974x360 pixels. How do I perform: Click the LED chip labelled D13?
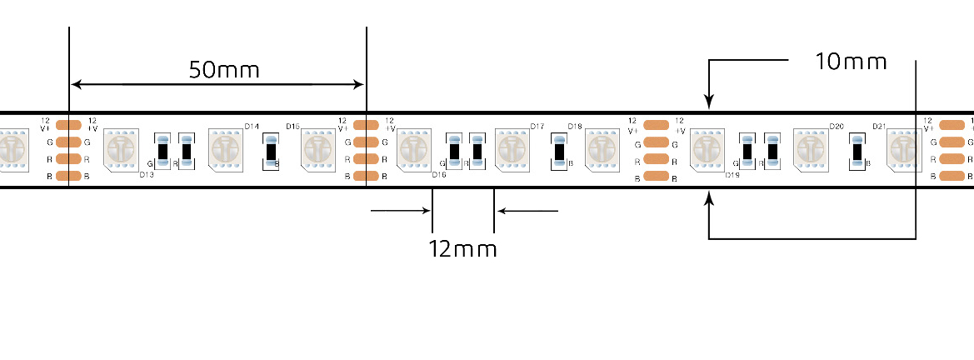coord(121,148)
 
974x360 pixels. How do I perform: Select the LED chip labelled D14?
coord(226,148)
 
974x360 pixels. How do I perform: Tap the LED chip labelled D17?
coord(512,148)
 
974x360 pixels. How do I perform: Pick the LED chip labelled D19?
coord(708,148)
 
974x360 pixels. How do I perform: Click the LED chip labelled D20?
coord(811,148)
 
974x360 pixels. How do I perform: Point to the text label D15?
coord(292,127)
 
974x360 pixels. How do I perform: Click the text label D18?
coord(575,127)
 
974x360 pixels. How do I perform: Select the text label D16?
coord(438,175)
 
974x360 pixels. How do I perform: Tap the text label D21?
coord(878,127)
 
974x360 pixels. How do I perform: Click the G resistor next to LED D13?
coord(164,152)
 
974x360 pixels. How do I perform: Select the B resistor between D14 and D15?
coord(269,152)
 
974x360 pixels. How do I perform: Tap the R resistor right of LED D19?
coord(772,152)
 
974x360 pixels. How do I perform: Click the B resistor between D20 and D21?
coord(857,152)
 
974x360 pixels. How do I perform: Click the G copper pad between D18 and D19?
coord(657,142)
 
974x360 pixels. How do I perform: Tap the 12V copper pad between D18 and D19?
coord(657,125)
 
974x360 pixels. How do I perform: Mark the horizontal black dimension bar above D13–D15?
coord(217,84)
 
